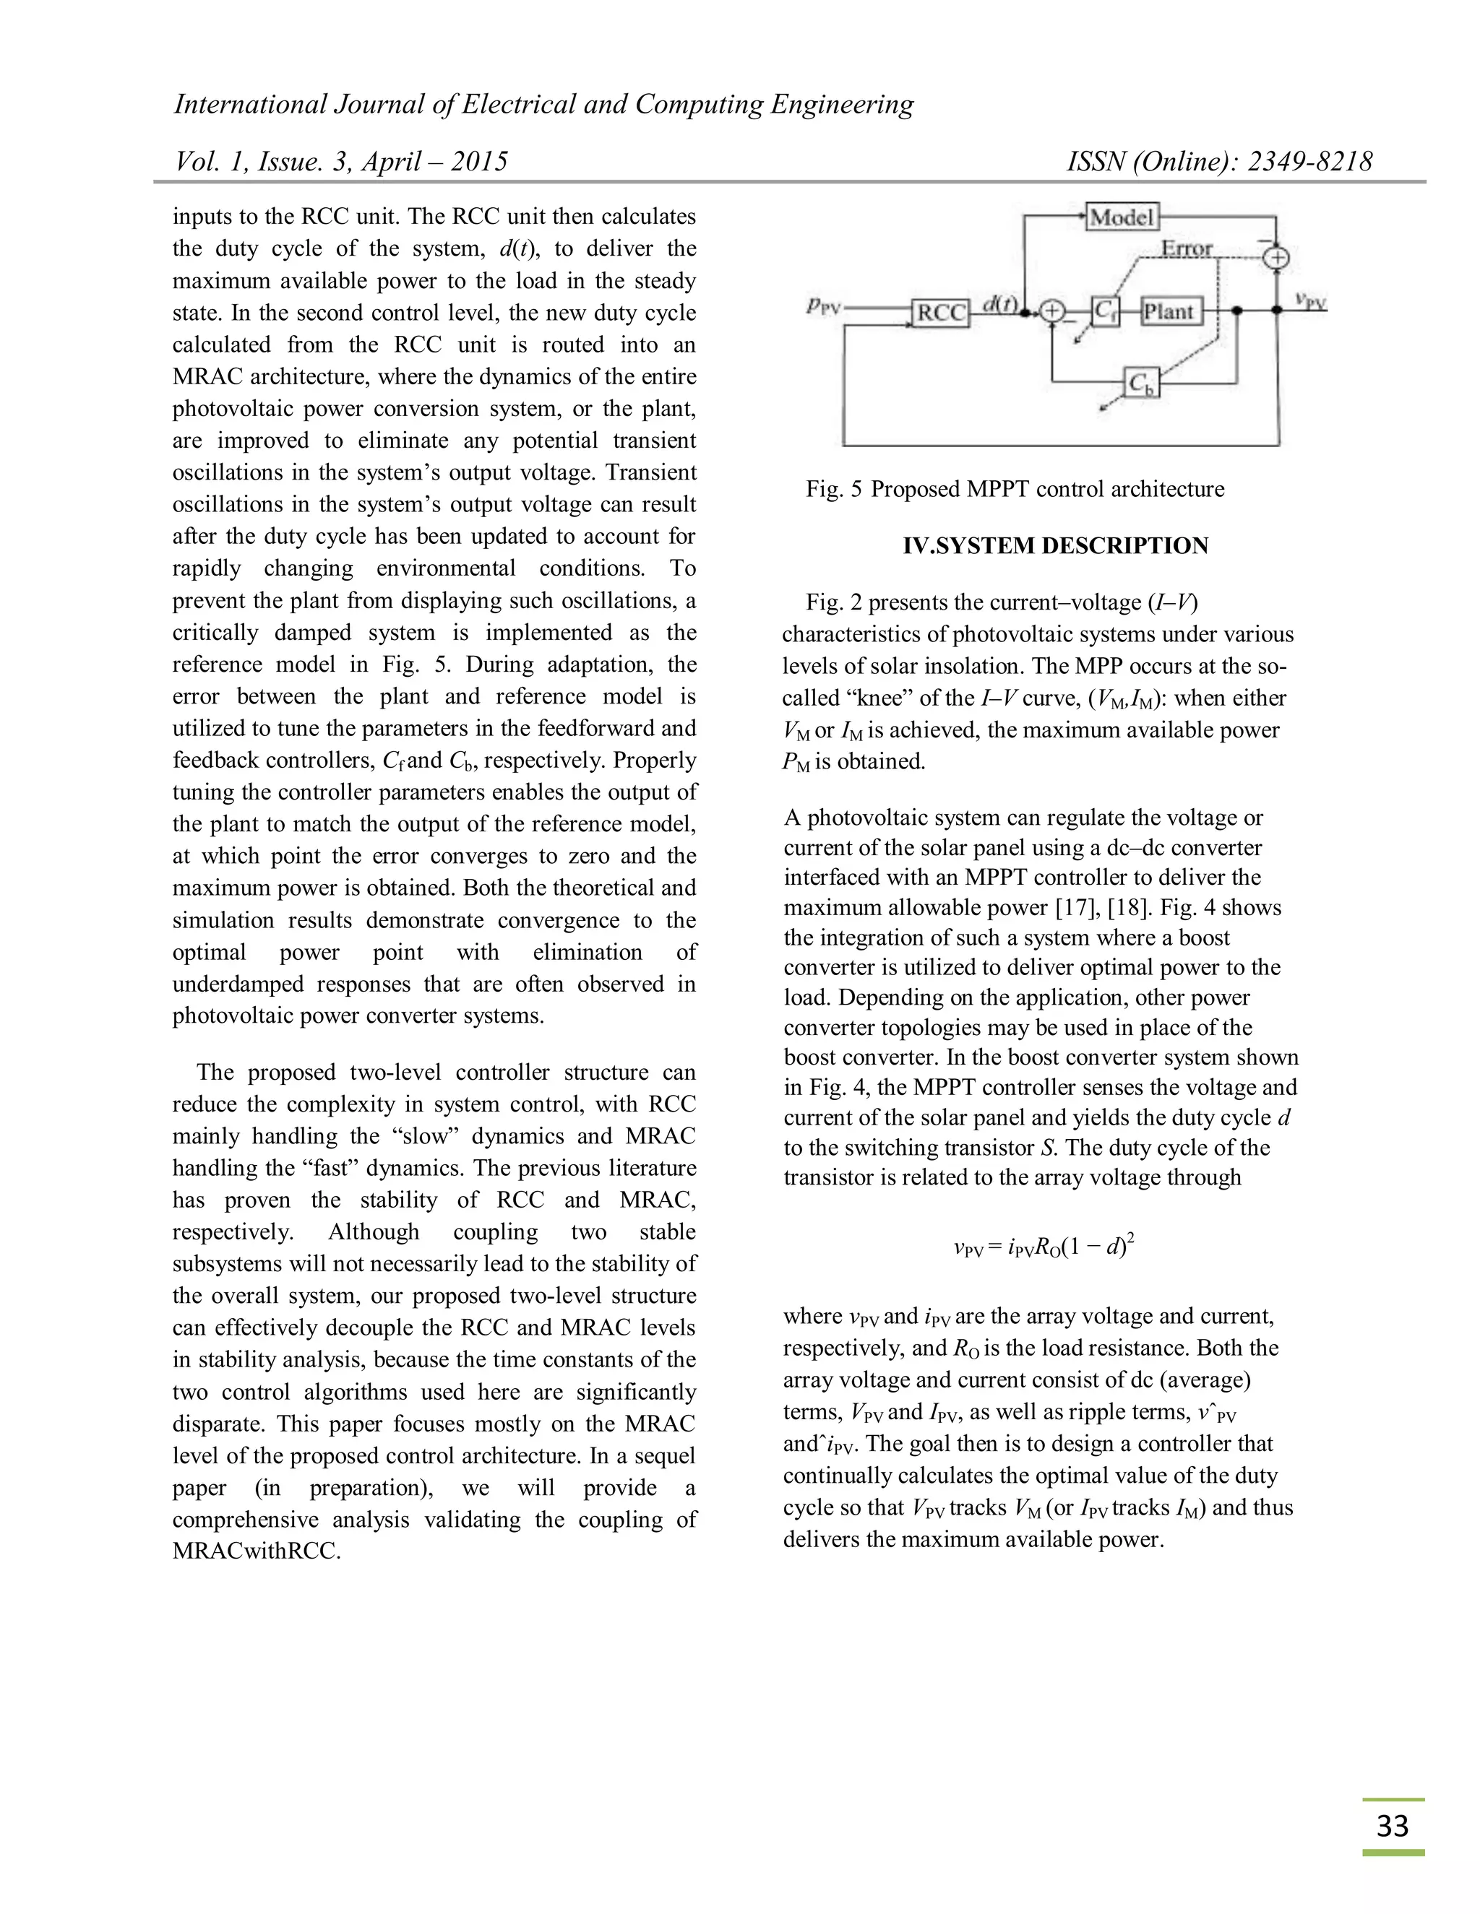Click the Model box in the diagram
[1122, 215]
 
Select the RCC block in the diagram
[941, 312]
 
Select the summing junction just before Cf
[1052, 311]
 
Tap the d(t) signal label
[999, 303]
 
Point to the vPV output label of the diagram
[1310, 300]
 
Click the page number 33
[1393, 1825]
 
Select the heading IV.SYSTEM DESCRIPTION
[1056, 545]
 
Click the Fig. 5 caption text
[1015, 489]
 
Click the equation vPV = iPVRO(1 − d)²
[1044, 1245]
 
